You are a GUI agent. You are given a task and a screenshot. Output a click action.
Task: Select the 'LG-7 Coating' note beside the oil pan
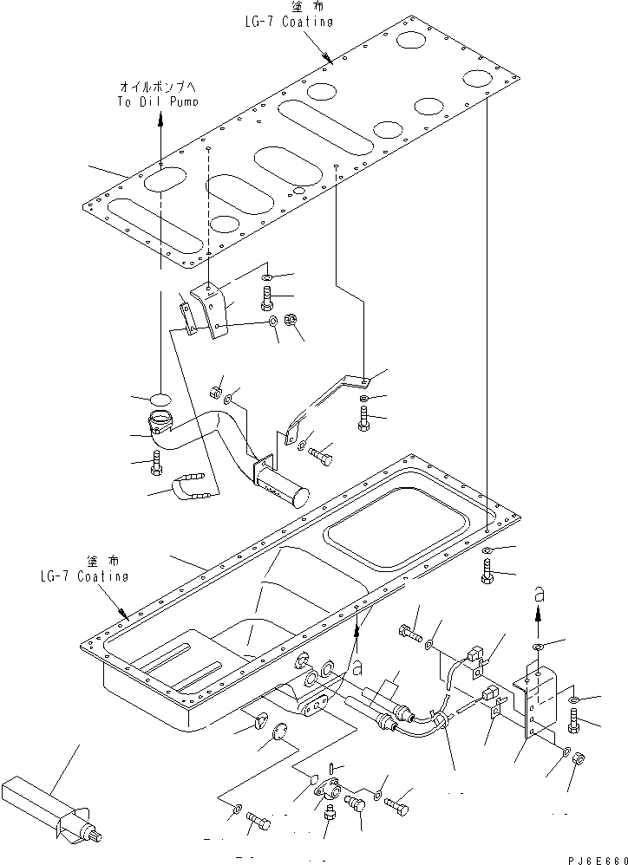pyautogui.click(x=83, y=576)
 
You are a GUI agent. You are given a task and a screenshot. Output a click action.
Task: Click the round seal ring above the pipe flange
pyautogui.click(x=160, y=399)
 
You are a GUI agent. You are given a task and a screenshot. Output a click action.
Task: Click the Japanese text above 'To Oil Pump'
pyautogui.click(x=158, y=87)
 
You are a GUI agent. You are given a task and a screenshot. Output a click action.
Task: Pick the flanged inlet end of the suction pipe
pyautogui.click(x=161, y=425)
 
